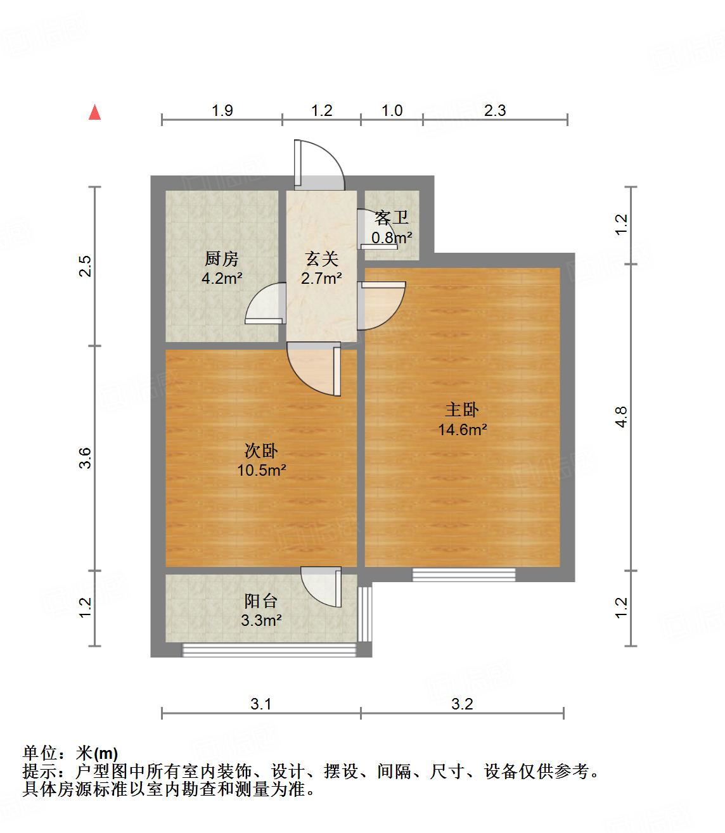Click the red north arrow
[95, 113]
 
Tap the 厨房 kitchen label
[221, 259]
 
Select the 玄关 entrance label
[322, 258]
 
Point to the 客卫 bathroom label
[391, 219]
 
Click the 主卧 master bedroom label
[462, 410]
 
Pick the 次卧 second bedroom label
[261, 451]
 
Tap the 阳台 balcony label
[261, 601]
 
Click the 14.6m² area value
[462, 430]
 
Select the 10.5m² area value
[261, 471]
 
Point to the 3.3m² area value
[261, 621]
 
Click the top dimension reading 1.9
[222, 111]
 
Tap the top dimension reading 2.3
[495, 111]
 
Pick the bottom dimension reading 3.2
[463, 704]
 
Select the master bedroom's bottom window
[464, 575]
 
